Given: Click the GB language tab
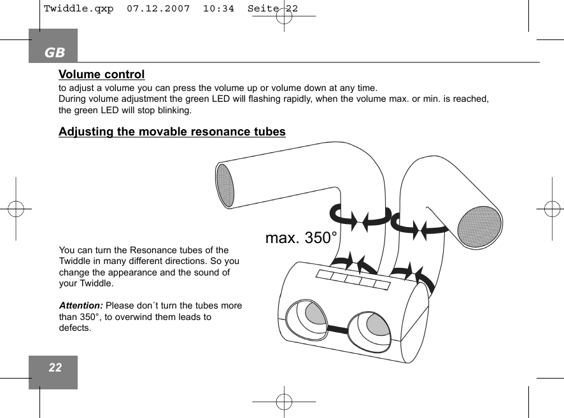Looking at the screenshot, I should tap(55, 52).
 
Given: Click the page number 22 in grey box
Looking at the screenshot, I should tap(55, 368).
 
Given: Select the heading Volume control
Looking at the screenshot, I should tap(102, 75).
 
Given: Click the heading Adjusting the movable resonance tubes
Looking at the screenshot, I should tap(172, 132).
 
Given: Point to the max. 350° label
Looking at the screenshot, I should tap(301, 239).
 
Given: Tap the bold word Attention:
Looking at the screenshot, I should tap(81, 305).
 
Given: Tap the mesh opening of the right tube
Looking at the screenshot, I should tap(479, 226).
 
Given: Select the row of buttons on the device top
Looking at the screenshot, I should tap(353, 279).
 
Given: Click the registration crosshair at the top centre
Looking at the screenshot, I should tap(284, 16).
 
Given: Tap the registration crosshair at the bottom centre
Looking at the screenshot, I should tap(284, 402).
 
